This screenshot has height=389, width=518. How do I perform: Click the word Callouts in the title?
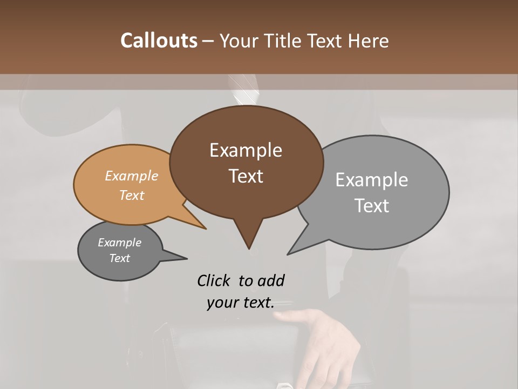[x=159, y=41]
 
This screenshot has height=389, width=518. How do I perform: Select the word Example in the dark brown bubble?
[x=246, y=150]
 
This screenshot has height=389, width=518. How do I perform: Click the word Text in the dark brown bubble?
[x=246, y=176]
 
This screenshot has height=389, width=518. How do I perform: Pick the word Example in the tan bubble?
[x=132, y=176]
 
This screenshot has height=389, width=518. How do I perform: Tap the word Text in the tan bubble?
[x=132, y=195]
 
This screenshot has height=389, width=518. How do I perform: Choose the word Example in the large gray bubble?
[x=372, y=180]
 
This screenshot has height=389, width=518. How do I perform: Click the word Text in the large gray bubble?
[x=372, y=205]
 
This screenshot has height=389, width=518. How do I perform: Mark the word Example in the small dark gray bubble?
[x=119, y=243]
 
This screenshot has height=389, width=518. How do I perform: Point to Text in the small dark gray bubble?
[x=119, y=258]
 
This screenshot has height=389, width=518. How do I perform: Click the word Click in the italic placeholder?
[x=215, y=280]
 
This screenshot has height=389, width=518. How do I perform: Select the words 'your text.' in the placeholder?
[x=241, y=303]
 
